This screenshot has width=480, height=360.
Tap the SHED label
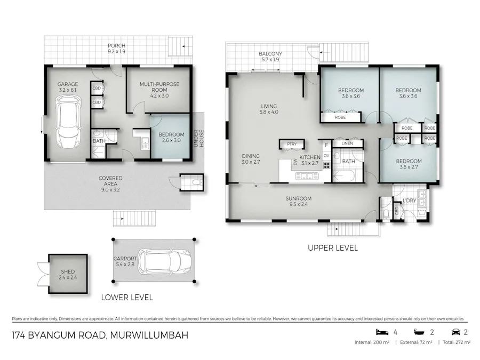pos(68,272)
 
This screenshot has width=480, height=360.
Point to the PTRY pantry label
pos(291,144)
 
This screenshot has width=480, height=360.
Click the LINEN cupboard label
pos(348,143)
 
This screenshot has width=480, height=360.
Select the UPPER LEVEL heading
pos(333,248)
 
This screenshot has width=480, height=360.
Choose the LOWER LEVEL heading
pos(127,297)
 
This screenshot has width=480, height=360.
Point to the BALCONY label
pos(270,54)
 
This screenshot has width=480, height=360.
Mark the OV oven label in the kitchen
pos(326,156)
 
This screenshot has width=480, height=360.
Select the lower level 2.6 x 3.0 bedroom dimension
pos(171,141)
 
